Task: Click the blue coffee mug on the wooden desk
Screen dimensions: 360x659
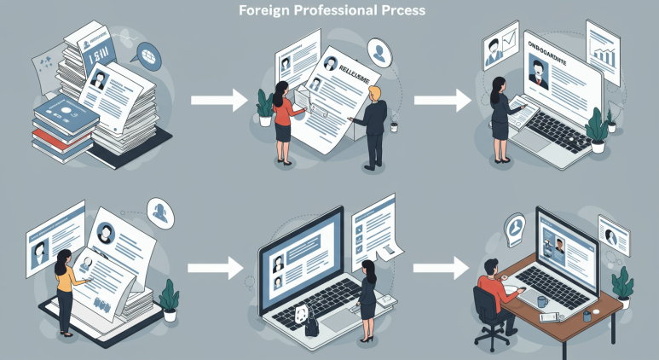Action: pos(542,302)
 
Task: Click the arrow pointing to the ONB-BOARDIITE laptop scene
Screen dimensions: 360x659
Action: pos(442,101)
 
